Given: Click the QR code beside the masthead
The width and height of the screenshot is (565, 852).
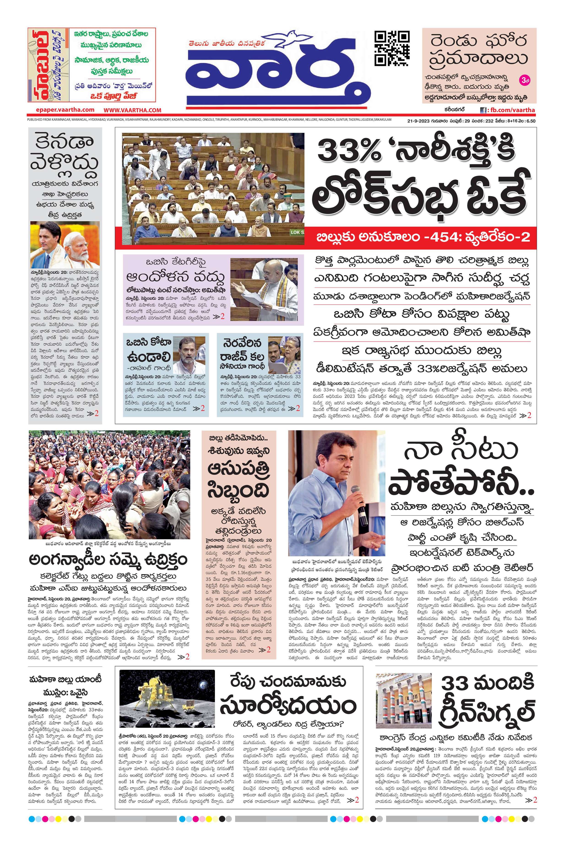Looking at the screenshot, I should (392, 48).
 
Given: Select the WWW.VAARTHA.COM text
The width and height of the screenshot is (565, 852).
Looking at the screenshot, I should (132, 110).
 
